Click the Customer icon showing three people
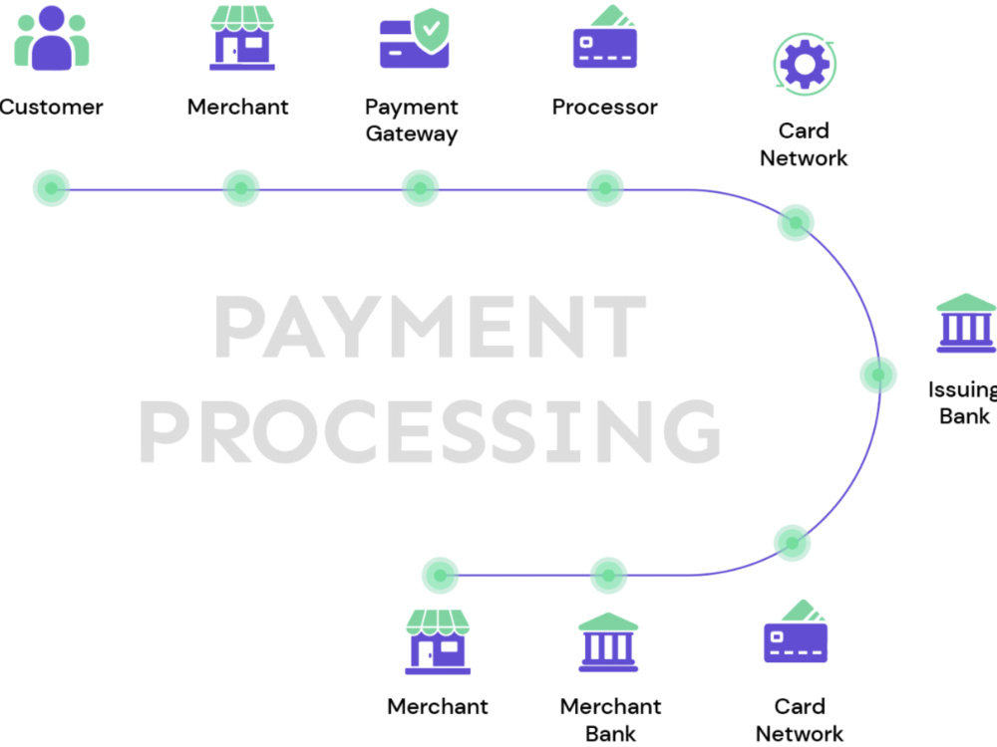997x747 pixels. pos(52,38)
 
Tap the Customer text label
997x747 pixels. pos(51,107)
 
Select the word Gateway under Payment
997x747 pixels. pos(412,134)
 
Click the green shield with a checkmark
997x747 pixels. pos(431,29)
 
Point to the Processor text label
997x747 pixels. pos(605,107)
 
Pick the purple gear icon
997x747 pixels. pos(805,64)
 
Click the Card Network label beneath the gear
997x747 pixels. pos(804,144)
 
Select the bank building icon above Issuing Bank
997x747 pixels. pos(966,323)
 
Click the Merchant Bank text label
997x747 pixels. pos(610,720)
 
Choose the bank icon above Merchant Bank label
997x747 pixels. pos(608,642)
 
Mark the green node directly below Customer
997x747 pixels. pos(52,188)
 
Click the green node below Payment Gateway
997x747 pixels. pos(421,188)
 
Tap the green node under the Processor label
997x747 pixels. pos(605,188)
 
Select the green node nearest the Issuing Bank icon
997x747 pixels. pos(878,374)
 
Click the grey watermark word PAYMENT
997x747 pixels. pos(431,327)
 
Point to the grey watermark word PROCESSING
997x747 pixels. pos(430,432)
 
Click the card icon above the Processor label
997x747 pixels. pos(605,36)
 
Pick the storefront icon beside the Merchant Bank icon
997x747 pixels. pos(438,641)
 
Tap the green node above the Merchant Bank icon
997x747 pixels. pos(608,576)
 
